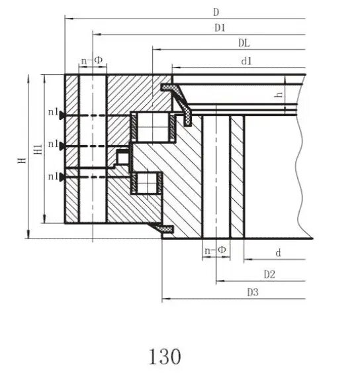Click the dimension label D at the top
216,11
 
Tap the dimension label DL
244,44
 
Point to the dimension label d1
247,61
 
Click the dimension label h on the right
280,95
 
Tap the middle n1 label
52,144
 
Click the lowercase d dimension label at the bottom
278,252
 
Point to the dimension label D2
269,274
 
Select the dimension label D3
252,292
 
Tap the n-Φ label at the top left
91,60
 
